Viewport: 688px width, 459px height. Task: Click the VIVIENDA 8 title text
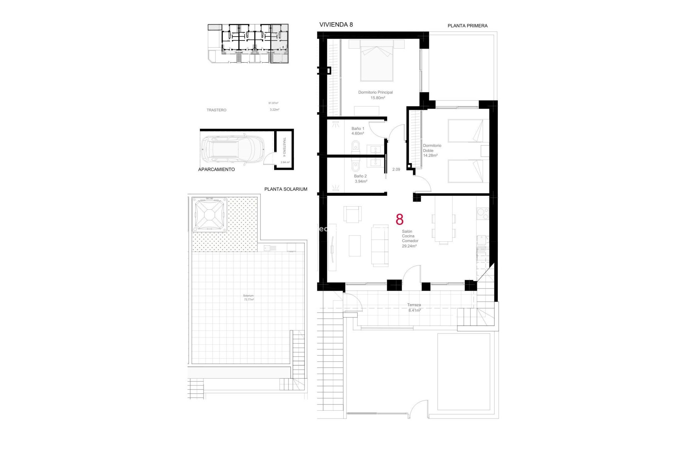click(336, 24)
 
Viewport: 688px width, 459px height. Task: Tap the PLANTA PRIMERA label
click(467, 26)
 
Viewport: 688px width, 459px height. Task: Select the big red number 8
click(399, 219)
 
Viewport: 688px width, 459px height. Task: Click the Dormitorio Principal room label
click(375, 93)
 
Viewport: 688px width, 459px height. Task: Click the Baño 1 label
click(358, 129)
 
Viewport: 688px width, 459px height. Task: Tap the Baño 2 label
click(360, 176)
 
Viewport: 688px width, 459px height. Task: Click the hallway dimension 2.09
click(396, 170)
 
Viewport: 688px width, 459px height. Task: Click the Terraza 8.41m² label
click(414, 307)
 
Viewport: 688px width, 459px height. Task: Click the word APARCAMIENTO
click(216, 170)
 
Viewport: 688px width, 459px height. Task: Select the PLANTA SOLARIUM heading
click(286, 189)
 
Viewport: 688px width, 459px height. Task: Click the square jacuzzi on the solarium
click(209, 214)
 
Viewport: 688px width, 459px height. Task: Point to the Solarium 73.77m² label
click(248, 298)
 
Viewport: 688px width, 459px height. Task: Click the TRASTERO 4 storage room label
click(284, 147)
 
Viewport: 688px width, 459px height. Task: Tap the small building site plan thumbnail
click(248, 44)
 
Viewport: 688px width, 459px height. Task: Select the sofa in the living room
click(380, 246)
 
